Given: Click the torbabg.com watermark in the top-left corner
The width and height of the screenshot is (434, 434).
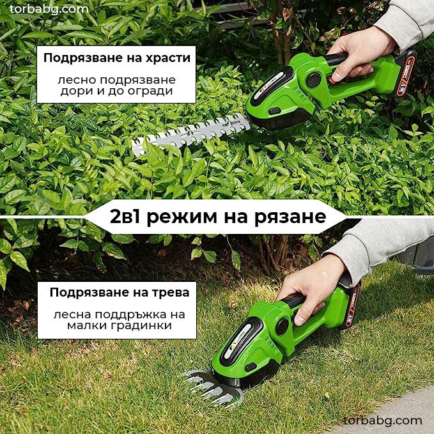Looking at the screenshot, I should tap(49, 9).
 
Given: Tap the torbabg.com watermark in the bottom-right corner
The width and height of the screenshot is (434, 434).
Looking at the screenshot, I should tap(382, 420).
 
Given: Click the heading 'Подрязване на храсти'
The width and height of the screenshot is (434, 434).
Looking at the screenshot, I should tap(116, 58).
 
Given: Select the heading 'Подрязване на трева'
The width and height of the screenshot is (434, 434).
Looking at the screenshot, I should tap(120, 293).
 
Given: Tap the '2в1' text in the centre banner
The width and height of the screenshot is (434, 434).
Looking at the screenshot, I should tap(127, 216).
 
